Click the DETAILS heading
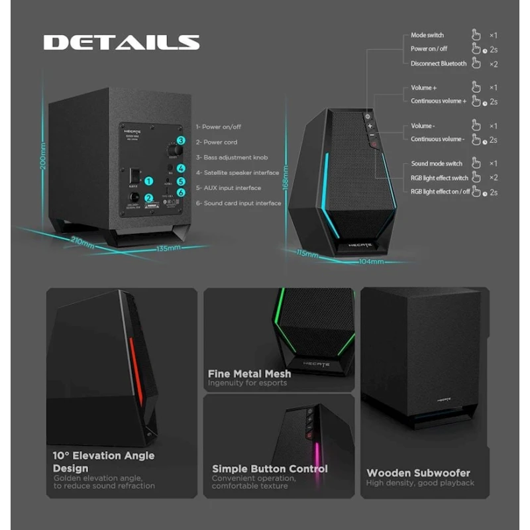[121, 42]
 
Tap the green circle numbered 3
[180, 141]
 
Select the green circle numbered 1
[149, 180]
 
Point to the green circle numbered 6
[181, 192]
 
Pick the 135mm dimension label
[168, 248]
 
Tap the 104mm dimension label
[371, 262]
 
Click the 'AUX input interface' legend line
[231, 188]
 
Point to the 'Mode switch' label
[427, 35]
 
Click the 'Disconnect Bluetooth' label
[439, 64]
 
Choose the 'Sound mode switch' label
[437, 164]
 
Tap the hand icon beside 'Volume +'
[475, 87]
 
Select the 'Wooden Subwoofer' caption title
[419, 473]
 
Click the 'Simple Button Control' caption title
[270, 468]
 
